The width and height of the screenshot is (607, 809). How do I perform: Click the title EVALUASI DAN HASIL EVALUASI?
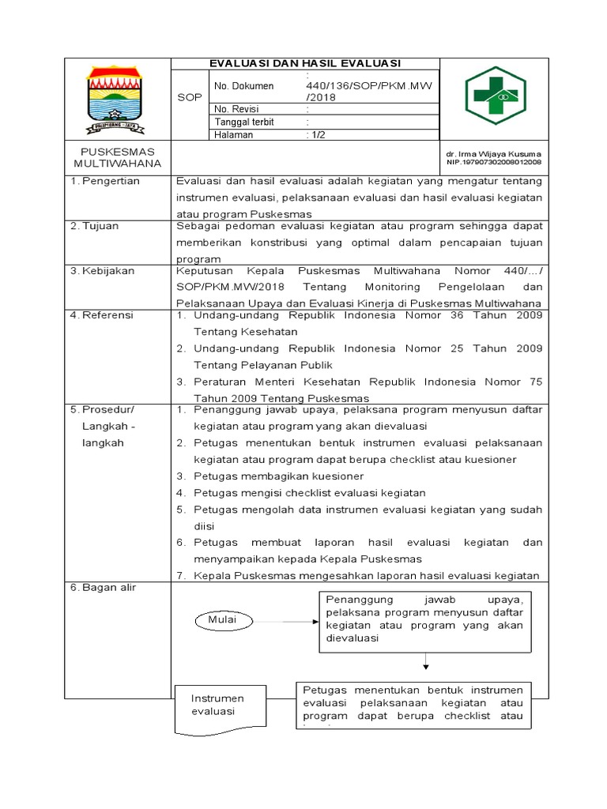(x=304, y=63)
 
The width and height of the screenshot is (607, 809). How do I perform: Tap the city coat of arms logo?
(x=116, y=100)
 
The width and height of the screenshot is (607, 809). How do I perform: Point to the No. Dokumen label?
(x=243, y=85)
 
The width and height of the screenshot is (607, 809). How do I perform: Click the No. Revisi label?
(x=237, y=109)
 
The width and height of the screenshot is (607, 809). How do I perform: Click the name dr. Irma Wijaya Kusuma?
(x=493, y=153)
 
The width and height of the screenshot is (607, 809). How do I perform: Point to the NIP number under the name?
(x=493, y=162)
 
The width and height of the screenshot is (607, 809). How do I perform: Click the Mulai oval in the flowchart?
(x=222, y=620)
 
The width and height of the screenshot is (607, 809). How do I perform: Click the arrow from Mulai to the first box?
(x=285, y=621)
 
